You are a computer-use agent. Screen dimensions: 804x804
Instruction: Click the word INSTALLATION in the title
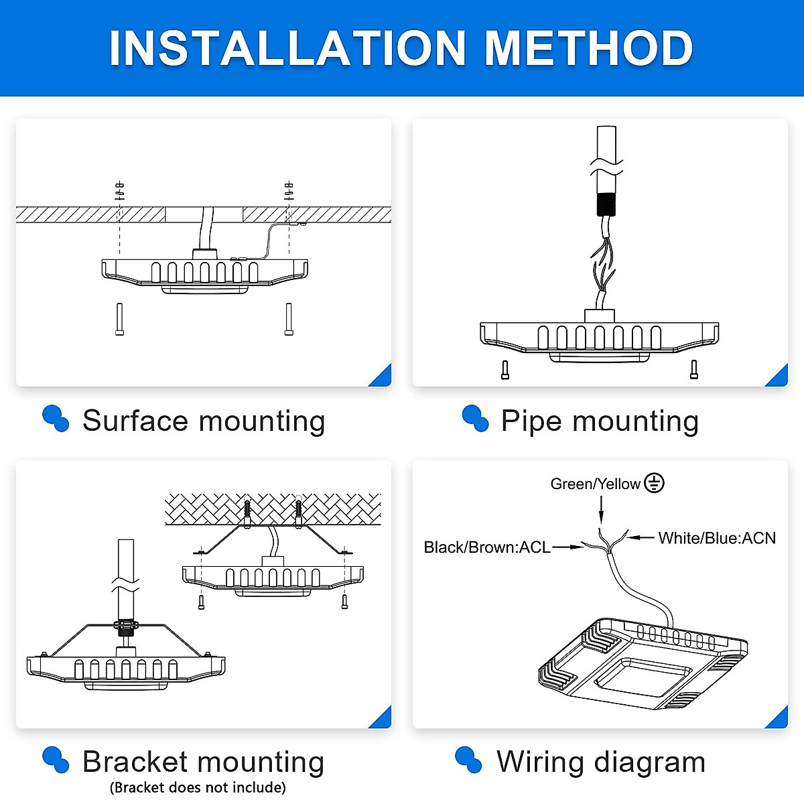287,48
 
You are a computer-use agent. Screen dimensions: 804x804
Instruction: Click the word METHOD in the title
588,48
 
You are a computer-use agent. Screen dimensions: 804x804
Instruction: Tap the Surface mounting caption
203,421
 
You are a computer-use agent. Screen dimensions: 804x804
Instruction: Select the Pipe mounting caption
600,421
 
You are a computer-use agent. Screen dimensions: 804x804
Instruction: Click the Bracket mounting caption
203,762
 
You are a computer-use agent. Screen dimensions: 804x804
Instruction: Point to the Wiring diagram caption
601,762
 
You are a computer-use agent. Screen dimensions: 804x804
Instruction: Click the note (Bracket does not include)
198,787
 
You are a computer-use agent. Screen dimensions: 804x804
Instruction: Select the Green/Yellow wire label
595,484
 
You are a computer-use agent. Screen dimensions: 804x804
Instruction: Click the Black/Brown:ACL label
486,547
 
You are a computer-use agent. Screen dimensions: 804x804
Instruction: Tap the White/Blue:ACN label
716,538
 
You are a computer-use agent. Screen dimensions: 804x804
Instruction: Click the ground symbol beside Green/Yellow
654,483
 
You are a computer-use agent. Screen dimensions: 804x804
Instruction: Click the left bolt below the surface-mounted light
119,320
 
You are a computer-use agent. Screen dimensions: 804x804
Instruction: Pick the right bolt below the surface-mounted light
289,320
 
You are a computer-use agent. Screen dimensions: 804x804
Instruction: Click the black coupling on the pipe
606,204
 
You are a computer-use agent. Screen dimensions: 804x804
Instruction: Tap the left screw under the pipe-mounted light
505,370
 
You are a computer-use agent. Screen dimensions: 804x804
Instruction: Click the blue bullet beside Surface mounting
56,419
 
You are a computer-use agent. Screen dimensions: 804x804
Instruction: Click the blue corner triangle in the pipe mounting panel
779,377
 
